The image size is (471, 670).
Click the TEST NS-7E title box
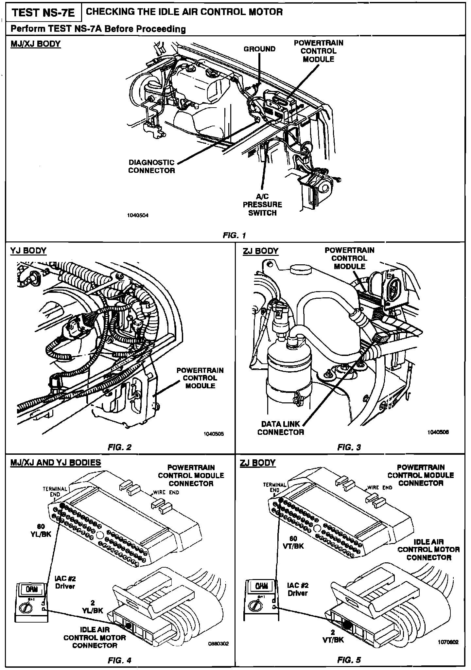click(x=43, y=13)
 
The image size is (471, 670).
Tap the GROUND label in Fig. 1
click(x=259, y=49)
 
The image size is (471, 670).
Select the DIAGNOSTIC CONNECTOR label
click(x=151, y=167)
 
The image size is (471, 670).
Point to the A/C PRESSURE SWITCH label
click(x=262, y=204)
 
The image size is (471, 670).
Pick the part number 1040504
click(x=138, y=216)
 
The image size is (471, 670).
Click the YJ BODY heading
click(x=28, y=251)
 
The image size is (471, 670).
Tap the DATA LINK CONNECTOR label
click(x=281, y=428)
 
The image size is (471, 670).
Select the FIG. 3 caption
click(x=349, y=447)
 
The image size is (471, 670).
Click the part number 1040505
click(x=214, y=434)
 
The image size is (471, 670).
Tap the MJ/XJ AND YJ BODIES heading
click(x=56, y=463)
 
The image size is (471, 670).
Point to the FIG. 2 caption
click(x=120, y=447)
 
